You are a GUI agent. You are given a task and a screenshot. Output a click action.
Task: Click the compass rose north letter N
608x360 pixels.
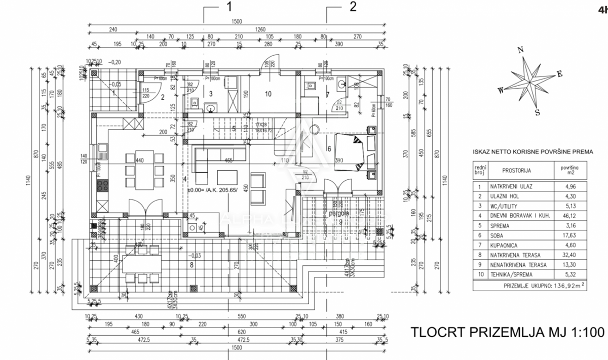519,50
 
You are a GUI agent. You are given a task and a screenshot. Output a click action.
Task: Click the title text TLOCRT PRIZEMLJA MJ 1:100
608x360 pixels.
507,332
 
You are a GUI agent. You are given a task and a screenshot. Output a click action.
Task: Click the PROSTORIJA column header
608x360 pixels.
517,171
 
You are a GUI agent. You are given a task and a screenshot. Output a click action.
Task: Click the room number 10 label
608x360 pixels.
268,93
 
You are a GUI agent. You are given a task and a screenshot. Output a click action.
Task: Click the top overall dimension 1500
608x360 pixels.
236,21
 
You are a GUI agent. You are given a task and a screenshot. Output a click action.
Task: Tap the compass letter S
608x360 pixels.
538,112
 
